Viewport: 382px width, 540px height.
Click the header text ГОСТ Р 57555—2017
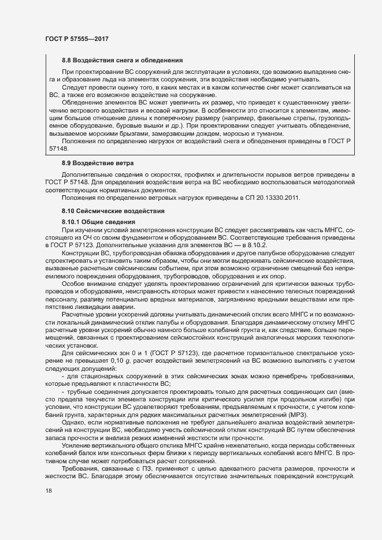(x=77, y=39)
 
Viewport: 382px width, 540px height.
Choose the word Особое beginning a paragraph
(x=73, y=284)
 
